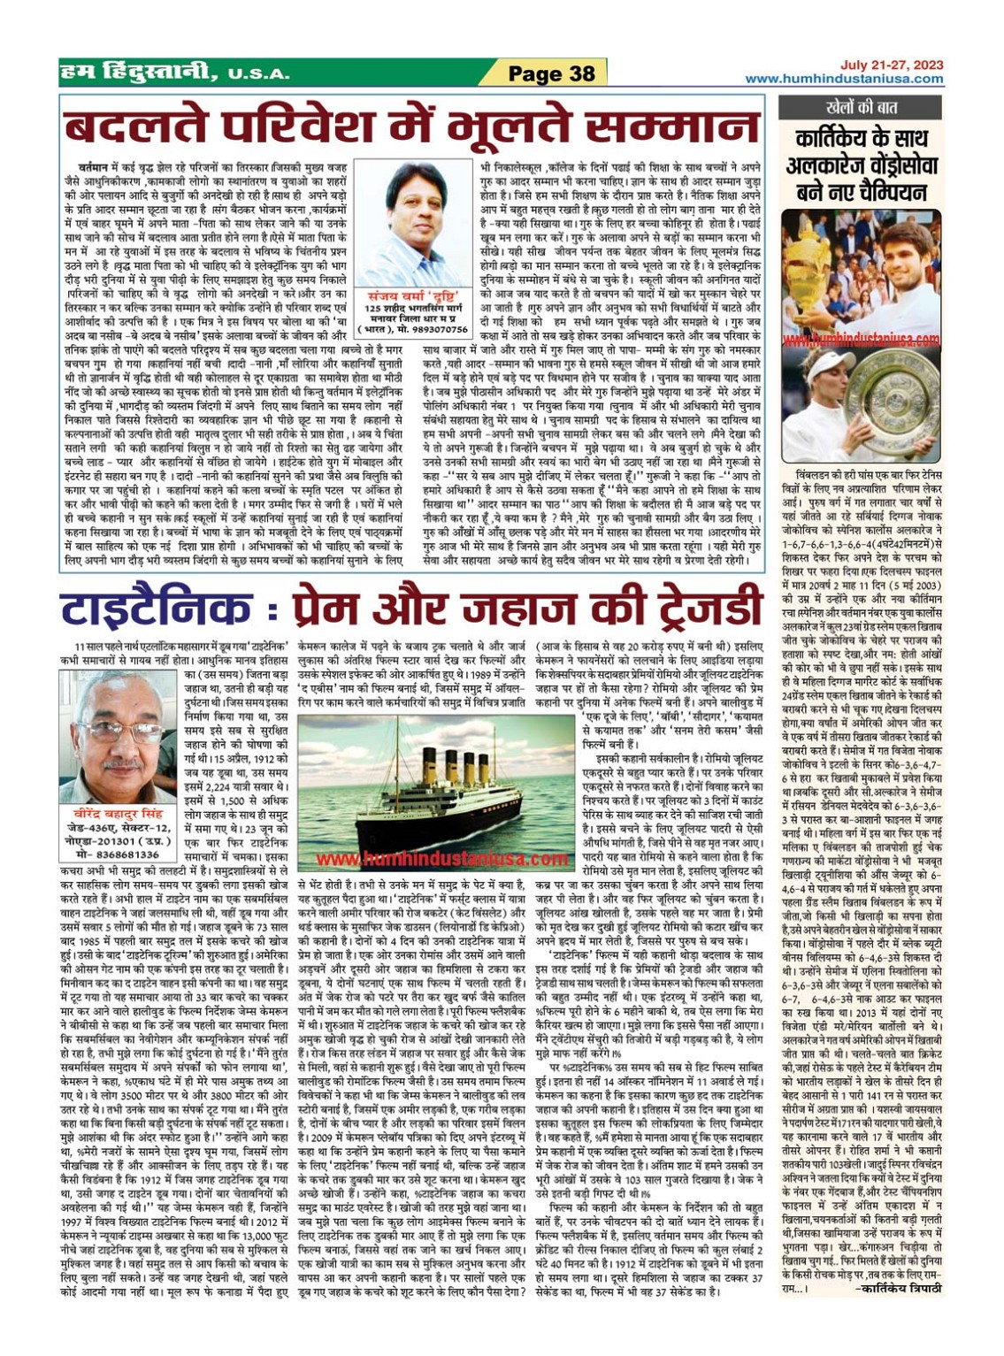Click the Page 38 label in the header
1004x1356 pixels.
pos(551,73)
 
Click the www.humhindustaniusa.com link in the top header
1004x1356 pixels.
pos(844,79)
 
